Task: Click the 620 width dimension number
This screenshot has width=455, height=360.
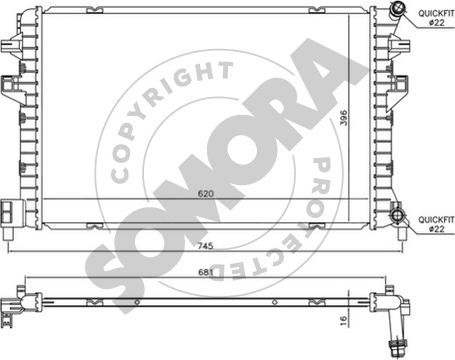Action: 205,194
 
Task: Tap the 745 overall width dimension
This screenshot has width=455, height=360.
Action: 205,246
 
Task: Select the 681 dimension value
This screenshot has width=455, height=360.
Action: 205,272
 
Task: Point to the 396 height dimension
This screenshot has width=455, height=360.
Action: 343,118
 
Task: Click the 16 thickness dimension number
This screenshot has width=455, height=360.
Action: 343,321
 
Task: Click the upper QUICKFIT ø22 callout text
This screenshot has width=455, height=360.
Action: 436,18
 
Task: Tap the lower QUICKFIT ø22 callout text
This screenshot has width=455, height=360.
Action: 436,224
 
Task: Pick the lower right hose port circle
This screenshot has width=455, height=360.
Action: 398,215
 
